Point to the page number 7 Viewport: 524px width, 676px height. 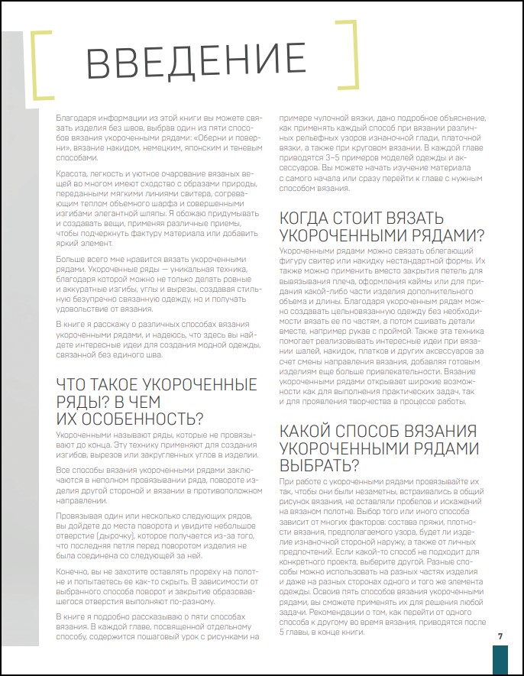pos(500,636)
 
